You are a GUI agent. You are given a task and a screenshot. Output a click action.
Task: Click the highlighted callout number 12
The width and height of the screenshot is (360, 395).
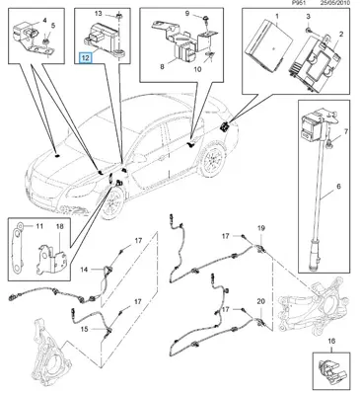tap(86, 58)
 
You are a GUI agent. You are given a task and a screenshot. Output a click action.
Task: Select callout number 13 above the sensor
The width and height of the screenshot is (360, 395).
tap(99, 14)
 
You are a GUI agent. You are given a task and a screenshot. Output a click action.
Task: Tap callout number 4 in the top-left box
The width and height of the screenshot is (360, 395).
tap(44, 21)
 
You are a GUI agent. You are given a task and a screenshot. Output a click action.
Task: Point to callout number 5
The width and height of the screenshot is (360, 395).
tap(53, 25)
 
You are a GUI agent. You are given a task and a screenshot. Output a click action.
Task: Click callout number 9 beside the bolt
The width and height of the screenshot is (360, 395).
tap(187, 14)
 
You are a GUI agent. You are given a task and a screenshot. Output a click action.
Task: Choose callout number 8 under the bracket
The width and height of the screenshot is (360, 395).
tap(162, 67)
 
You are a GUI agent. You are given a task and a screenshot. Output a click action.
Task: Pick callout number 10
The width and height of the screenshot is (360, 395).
tap(197, 70)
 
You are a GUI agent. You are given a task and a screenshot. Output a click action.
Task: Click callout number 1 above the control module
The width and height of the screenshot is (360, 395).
tap(277, 16)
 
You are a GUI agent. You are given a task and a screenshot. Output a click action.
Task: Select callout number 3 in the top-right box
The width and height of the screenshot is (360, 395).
tap(308, 16)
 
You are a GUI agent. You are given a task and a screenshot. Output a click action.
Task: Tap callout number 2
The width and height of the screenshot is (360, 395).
tap(340, 34)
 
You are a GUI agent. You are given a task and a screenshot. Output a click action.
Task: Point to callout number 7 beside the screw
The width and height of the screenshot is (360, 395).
tap(345, 132)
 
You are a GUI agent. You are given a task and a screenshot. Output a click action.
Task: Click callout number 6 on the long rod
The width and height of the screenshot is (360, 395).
tap(338, 187)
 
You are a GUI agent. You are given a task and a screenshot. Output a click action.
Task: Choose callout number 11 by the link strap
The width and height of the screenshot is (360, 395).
tap(39, 226)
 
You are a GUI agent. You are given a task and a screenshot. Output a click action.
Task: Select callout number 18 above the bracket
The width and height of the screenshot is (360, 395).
tap(60, 226)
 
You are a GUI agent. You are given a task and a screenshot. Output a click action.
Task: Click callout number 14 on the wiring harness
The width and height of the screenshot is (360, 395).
tap(85, 270)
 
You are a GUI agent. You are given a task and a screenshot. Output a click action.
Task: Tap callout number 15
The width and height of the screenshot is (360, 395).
tap(85, 329)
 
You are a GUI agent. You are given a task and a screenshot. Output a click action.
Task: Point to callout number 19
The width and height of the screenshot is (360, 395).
tap(260, 228)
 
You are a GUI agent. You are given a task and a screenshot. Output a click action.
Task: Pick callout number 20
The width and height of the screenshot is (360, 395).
tap(260, 301)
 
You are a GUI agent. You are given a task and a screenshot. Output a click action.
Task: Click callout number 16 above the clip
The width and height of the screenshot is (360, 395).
tap(331, 341)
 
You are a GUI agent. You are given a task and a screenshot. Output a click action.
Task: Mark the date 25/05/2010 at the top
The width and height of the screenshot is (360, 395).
tap(336, 3)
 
